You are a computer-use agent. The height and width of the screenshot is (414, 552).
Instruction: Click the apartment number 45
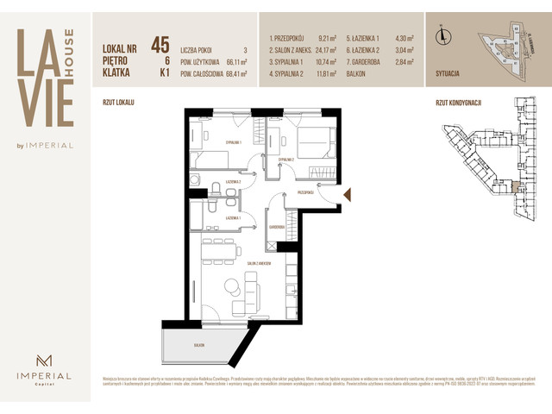(x=159, y=44)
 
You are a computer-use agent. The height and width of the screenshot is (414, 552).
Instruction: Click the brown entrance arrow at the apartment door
(x=347, y=197)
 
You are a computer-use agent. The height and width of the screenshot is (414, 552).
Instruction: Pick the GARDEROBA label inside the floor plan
(x=277, y=225)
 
